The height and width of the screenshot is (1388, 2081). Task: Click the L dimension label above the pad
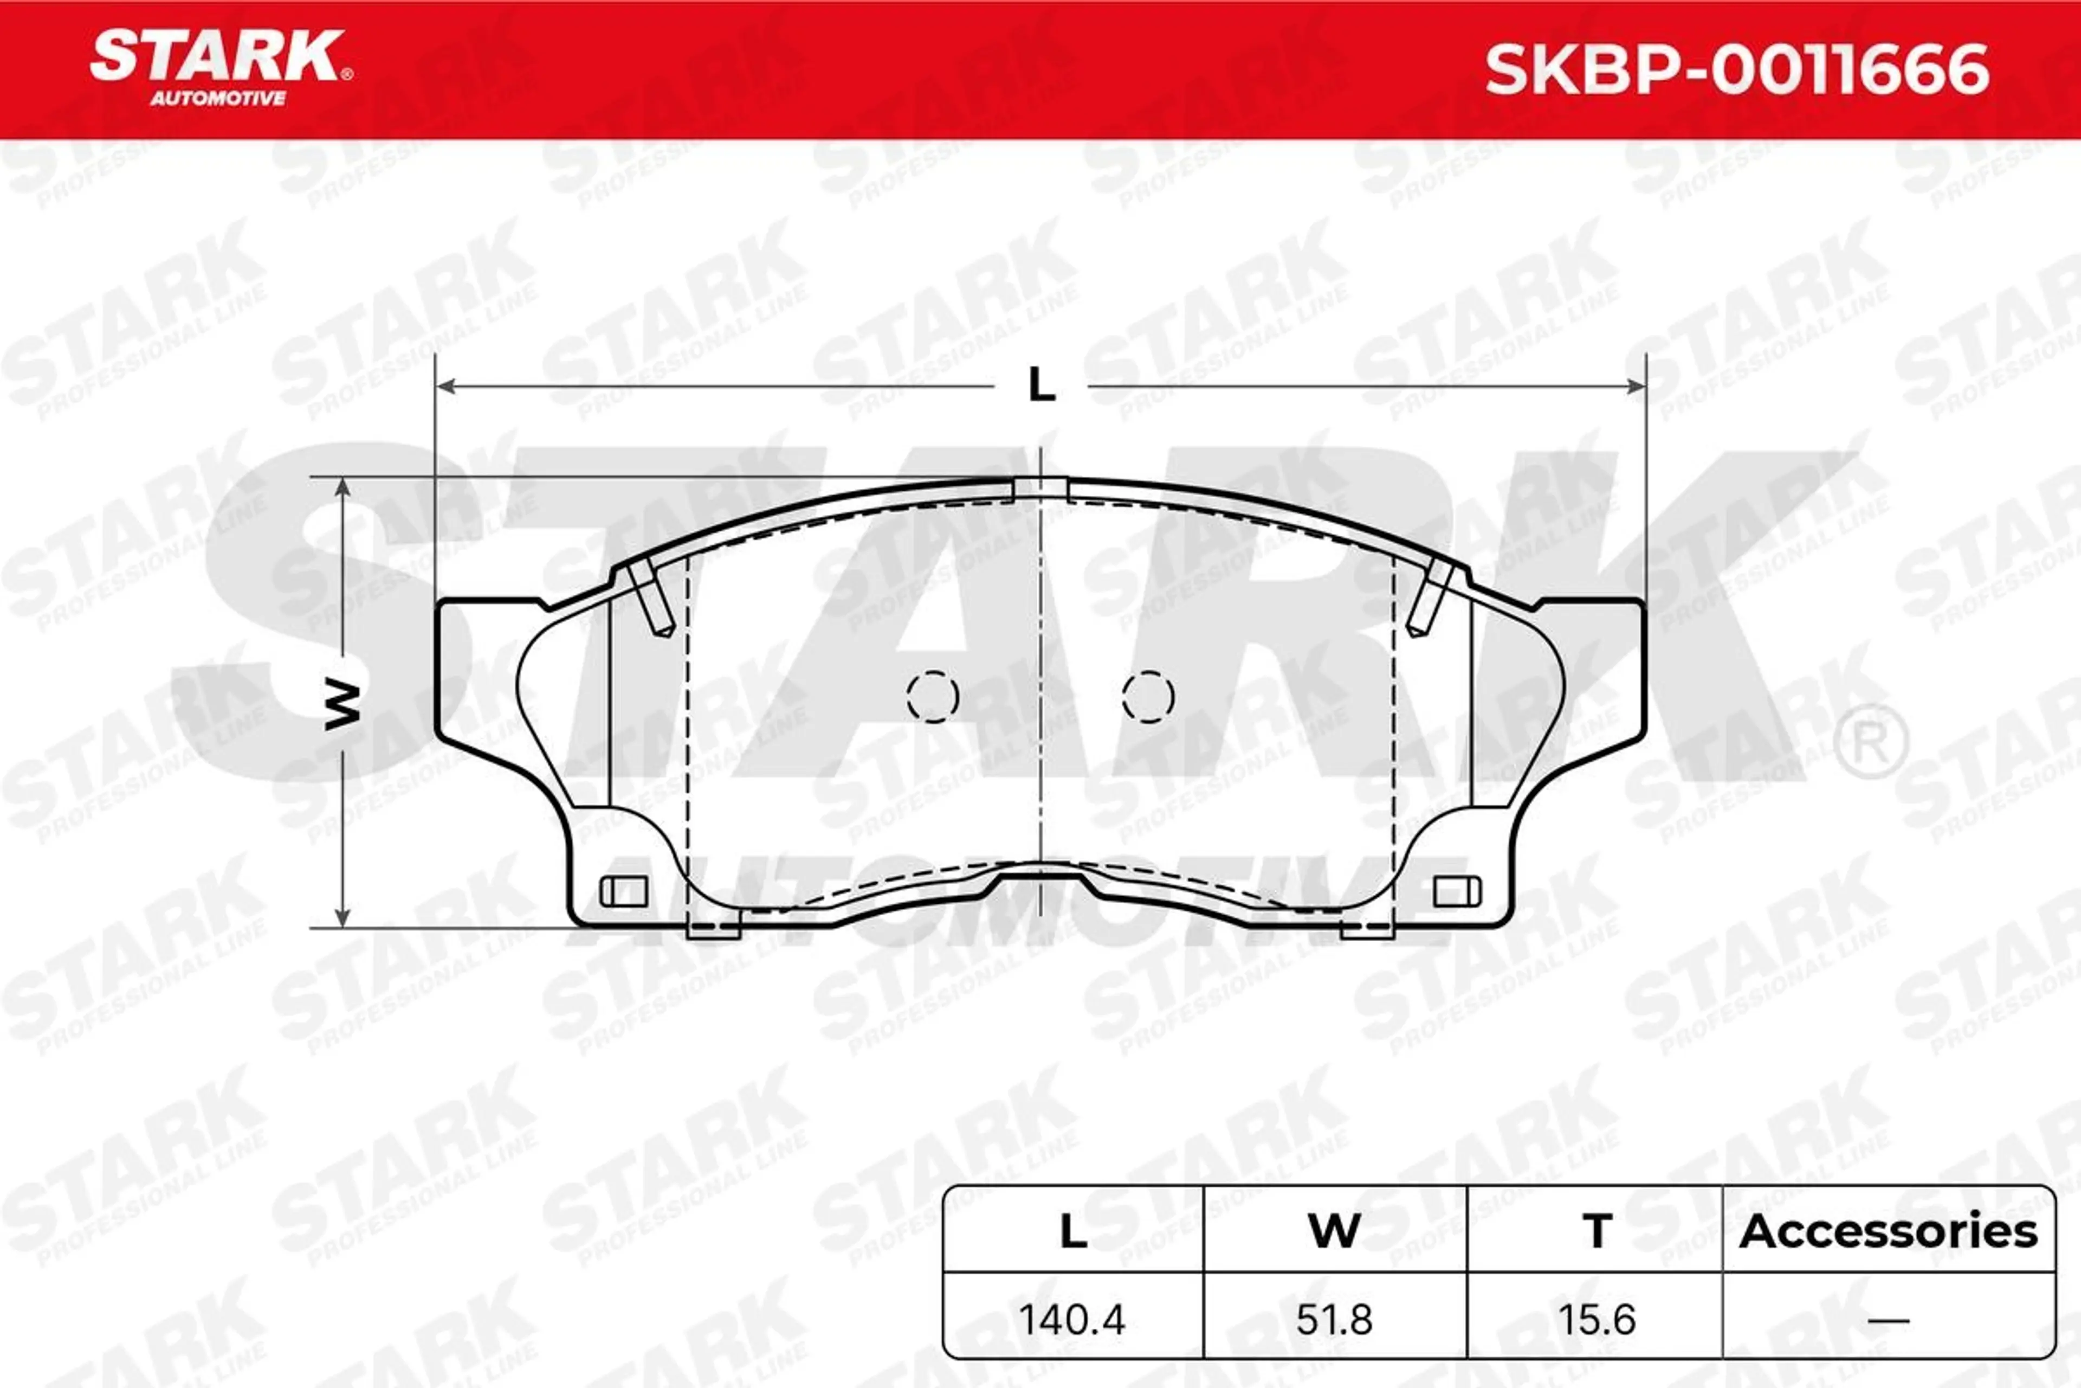pos(1042,386)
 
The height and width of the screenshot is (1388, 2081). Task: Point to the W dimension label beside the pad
pos(343,705)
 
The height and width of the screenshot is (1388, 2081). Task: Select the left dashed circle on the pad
pos(933,697)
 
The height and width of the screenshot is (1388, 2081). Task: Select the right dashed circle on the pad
pos(1148,697)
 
